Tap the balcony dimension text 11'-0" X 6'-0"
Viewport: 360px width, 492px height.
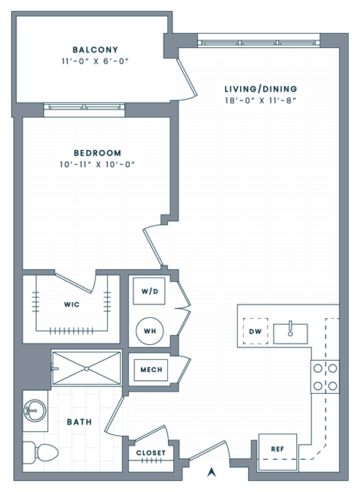[x=96, y=61]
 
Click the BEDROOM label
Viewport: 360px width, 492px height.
[x=97, y=153]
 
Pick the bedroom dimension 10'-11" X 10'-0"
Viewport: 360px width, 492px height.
[x=97, y=165]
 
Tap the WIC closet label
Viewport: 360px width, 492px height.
[x=71, y=304]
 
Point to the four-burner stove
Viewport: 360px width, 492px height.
[x=325, y=376]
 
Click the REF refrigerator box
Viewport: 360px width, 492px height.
[x=277, y=450]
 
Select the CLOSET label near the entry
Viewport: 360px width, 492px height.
[x=150, y=453]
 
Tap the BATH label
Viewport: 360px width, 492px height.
[x=79, y=422]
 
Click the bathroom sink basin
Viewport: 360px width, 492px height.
[x=34, y=410]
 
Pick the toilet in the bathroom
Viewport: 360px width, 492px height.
[x=39, y=453]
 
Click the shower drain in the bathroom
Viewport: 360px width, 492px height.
[x=86, y=368]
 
